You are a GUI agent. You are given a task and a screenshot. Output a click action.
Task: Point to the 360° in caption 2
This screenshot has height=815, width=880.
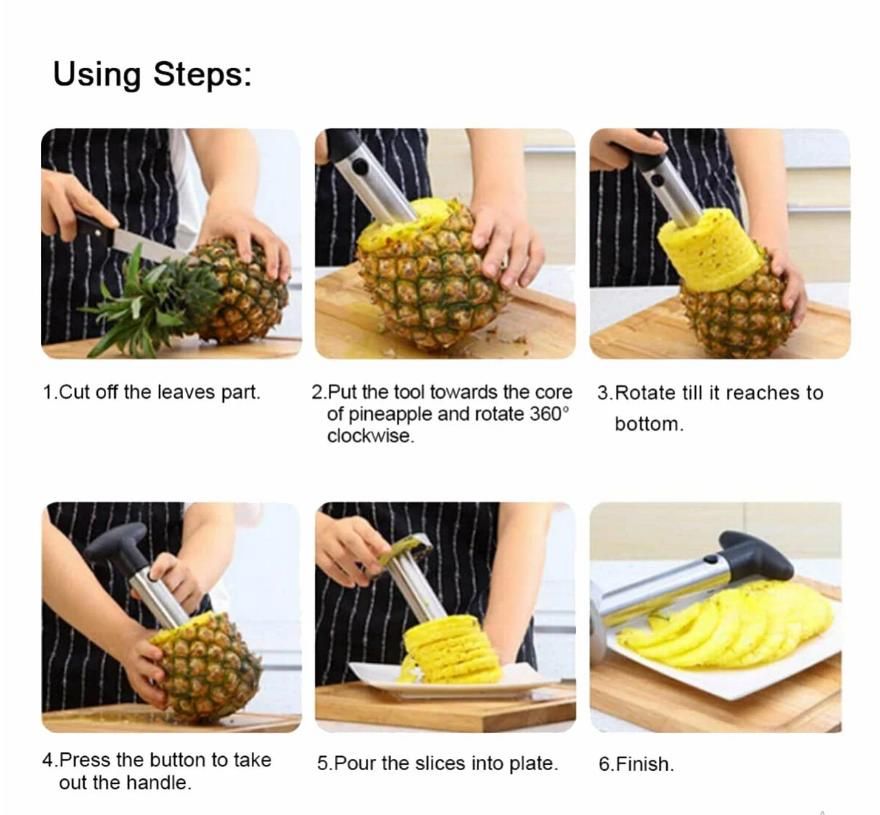[x=549, y=414]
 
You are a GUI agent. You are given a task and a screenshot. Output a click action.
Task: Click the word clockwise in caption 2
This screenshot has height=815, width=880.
[x=369, y=436]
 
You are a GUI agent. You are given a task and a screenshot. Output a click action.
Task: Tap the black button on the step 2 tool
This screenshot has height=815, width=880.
[x=360, y=167]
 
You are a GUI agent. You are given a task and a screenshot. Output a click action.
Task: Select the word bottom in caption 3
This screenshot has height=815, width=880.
[x=648, y=424]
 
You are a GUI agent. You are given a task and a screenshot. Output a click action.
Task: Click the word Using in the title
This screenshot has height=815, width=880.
[x=97, y=75]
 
